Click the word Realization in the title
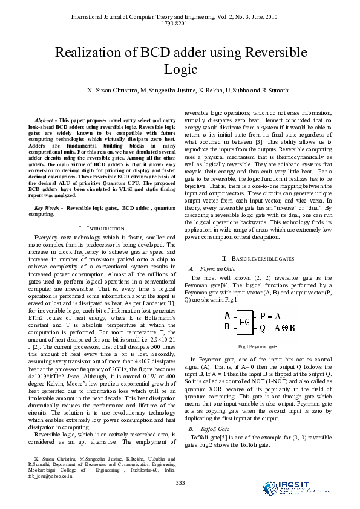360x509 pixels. tap(90, 53)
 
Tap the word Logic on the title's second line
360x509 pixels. tap(181, 70)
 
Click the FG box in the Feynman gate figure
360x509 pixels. tap(245, 322)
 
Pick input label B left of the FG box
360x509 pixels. tap(227, 327)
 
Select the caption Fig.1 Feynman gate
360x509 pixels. tap(258, 346)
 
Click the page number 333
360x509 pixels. tap(180, 482)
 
